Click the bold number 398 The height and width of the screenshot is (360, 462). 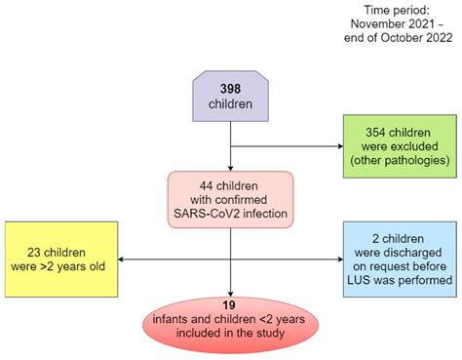tap(230, 87)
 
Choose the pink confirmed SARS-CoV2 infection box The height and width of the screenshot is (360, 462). tap(230, 198)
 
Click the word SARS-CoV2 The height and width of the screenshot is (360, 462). tap(209, 212)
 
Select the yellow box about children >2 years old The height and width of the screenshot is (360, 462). tap(55, 259)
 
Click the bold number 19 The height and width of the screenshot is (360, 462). tap(230, 303)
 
